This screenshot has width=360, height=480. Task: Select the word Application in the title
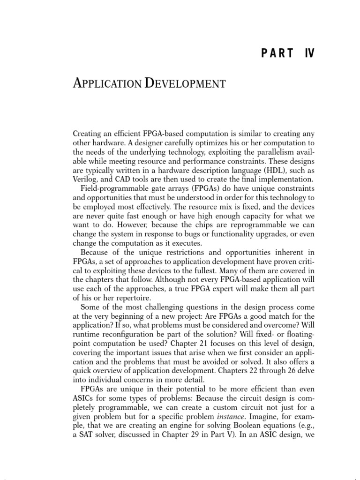pyautogui.click(x=107, y=84)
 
